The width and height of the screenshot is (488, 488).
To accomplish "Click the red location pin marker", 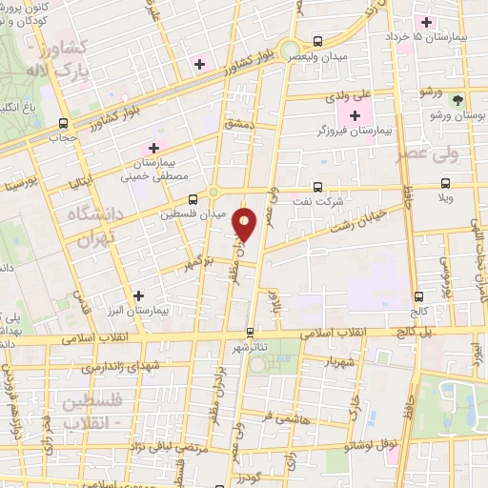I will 246,225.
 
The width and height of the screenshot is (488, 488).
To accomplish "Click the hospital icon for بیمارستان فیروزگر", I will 356,116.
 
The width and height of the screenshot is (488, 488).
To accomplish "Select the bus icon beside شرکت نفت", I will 317,188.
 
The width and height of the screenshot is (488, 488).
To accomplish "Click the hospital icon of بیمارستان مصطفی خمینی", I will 152,148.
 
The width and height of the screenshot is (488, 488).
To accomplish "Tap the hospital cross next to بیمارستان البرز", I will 139,296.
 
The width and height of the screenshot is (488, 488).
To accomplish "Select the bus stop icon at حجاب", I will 64,123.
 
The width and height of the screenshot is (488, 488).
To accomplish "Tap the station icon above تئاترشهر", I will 250,333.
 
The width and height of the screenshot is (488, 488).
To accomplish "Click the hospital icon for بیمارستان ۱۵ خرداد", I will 427,22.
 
